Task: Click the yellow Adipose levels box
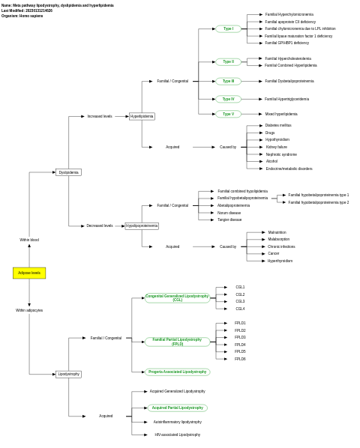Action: (x=29, y=273)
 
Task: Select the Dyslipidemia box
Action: (x=68, y=172)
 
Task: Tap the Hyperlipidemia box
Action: (x=142, y=116)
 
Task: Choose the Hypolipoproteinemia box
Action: (x=142, y=225)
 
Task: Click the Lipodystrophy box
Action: (x=68, y=374)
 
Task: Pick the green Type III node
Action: (x=228, y=81)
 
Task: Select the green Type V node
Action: (x=228, y=114)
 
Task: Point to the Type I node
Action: (x=228, y=28)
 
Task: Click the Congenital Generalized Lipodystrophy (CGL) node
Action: (x=177, y=298)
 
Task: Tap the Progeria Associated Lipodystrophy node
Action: (x=177, y=372)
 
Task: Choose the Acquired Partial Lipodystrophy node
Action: (x=177, y=408)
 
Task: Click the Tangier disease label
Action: (x=229, y=220)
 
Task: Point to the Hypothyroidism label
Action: (x=277, y=139)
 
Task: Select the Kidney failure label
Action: (x=276, y=147)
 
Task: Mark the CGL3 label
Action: (x=240, y=301)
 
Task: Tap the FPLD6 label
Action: (x=240, y=359)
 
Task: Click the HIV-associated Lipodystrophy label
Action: (x=177, y=435)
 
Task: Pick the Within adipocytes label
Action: (x=29, y=310)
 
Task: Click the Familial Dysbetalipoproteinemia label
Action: (x=289, y=81)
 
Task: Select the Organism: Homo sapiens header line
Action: (x=22, y=16)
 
